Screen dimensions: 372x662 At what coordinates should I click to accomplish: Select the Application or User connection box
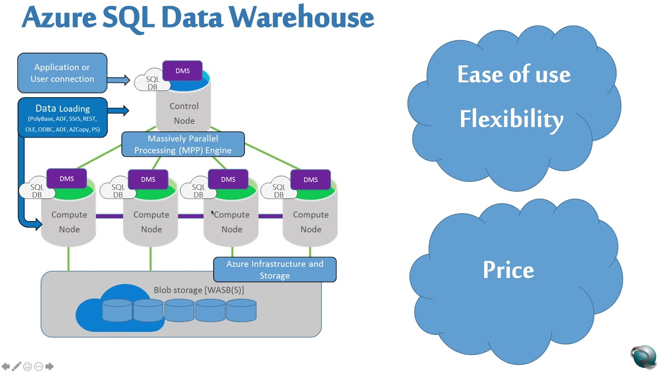click(62, 73)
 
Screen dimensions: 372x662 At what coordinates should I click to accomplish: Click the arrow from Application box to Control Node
click(118, 80)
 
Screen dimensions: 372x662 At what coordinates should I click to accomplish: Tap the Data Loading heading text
click(63, 109)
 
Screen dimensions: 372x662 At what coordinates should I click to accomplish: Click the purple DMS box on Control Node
click(183, 71)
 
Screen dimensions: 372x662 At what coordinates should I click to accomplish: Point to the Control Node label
click(184, 113)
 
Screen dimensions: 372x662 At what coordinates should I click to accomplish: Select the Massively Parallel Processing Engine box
click(183, 144)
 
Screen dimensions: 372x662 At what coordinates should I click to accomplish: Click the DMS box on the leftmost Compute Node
click(67, 179)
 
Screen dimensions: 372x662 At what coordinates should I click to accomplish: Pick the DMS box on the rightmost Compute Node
click(310, 180)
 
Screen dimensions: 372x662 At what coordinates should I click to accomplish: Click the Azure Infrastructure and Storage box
click(275, 270)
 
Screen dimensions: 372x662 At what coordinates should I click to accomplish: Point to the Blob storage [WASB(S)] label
click(199, 290)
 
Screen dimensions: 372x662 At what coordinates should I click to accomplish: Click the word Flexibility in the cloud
click(511, 119)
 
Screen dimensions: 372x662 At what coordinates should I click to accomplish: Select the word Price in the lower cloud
click(508, 270)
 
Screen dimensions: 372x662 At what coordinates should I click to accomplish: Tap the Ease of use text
click(514, 75)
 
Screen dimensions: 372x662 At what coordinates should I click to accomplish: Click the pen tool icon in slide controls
click(17, 366)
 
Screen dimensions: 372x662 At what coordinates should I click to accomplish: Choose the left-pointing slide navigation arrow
click(6, 366)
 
